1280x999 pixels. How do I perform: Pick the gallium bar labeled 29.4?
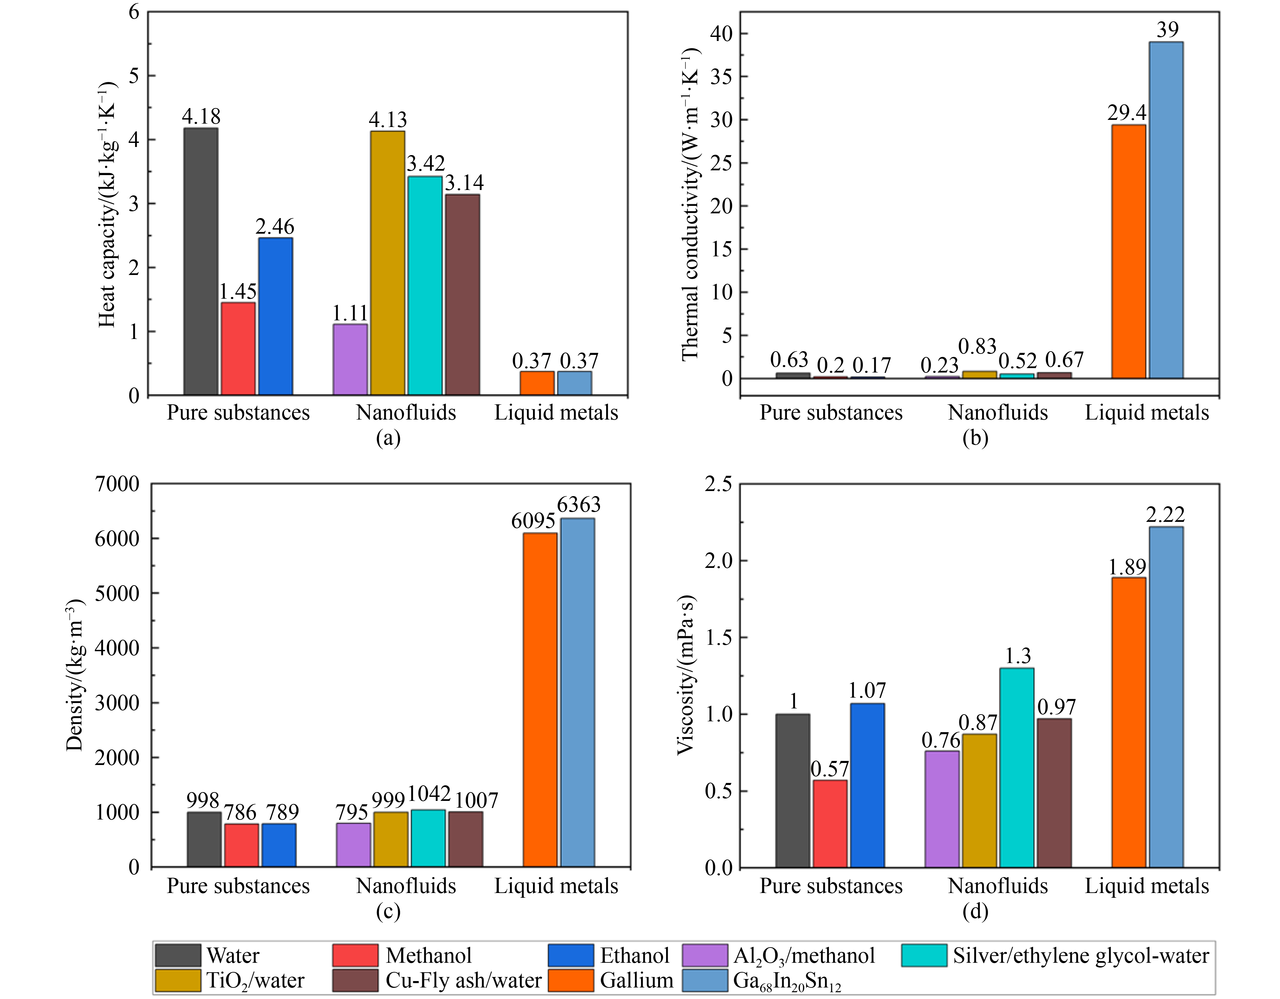pyautogui.click(x=1128, y=252)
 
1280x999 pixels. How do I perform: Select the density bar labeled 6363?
pyautogui.click(x=577, y=692)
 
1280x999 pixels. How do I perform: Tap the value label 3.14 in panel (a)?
pyautogui.click(x=464, y=183)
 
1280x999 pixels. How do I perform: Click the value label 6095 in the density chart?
pyautogui.click(x=533, y=520)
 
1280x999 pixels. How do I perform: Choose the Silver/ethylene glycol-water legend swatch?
pyautogui.click(x=924, y=955)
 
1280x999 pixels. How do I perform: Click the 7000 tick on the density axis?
pyautogui.click(x=117, y=484)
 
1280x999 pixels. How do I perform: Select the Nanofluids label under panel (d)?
pyautogui.click(x=998, y=885)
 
